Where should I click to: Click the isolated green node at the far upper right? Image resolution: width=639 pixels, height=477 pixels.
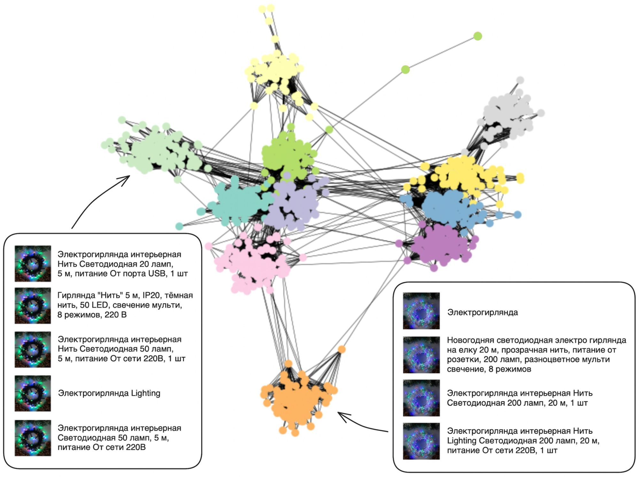coord(477,36)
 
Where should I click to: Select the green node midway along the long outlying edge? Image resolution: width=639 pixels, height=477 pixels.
coord(405,69)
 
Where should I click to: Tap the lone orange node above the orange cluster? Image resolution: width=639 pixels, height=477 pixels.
coord(342,349)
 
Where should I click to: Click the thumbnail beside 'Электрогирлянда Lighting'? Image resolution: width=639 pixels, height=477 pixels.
coord(33,393)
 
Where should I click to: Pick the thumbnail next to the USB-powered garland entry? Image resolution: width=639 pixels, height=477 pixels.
coord(33,263)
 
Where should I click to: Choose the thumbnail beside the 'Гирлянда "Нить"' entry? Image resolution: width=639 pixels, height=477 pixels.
coord(33,306)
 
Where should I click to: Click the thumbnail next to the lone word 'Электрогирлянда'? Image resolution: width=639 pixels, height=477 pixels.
coord(421,311)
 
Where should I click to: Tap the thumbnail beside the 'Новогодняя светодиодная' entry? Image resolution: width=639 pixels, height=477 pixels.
coord(421,355)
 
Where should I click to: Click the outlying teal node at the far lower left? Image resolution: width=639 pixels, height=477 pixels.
coord(179,226)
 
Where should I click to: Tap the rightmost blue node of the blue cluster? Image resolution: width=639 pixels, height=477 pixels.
coord(518,215)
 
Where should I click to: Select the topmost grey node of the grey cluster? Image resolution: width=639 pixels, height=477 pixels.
coord(520,80)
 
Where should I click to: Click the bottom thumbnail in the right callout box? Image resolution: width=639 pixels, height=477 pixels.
coord(421,441)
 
